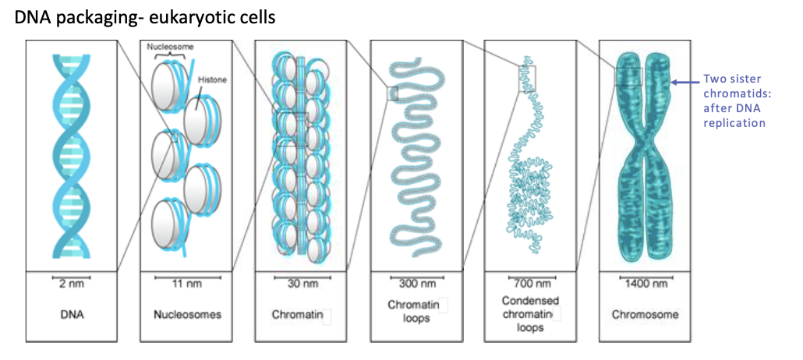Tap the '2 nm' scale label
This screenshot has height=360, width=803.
click(71, 284)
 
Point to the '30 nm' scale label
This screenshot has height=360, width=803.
click(300, 284)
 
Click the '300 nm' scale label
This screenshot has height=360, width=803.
click(414, 284)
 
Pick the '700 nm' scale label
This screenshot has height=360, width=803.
click(529, 284)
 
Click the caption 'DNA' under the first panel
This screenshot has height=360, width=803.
click(71, 315)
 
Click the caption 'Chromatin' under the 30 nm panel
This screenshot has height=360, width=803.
click(295, 315)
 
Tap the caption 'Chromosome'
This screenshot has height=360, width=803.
click(643, 315)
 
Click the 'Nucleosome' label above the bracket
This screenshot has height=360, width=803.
click(171, 48)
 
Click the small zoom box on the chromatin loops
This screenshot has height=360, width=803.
click(392, 95)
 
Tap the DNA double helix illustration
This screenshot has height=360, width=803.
click(71, 155)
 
